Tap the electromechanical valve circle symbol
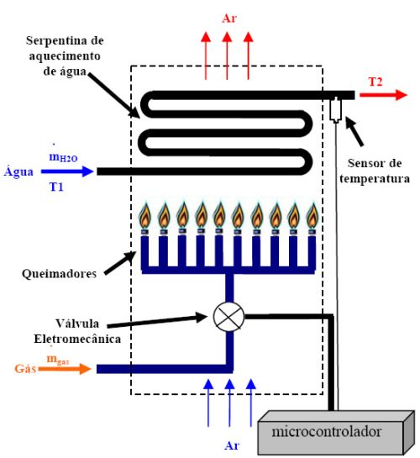click(226, 316)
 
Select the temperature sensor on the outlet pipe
click(336, 108)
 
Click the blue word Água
click(18, 171)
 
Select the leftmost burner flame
click(145, 216)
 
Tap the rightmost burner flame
click(312, 216)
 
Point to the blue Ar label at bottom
click(229, 445)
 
